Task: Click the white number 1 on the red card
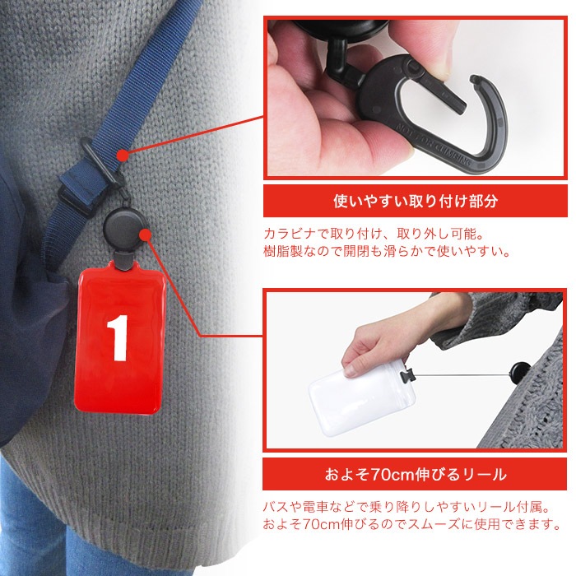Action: (x=118, y=337)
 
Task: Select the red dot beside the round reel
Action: (x=146, y=235)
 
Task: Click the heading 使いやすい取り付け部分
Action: (x=416, y=201)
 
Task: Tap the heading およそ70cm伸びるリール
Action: (x=416, y=474)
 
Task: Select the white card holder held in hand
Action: (x=362, y=397)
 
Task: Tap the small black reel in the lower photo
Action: (x=519, y=374)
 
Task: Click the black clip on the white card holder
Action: (x=407, y=375)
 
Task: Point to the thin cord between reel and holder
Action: (x=462, y=375)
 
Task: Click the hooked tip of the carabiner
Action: (x=476, y=79)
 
